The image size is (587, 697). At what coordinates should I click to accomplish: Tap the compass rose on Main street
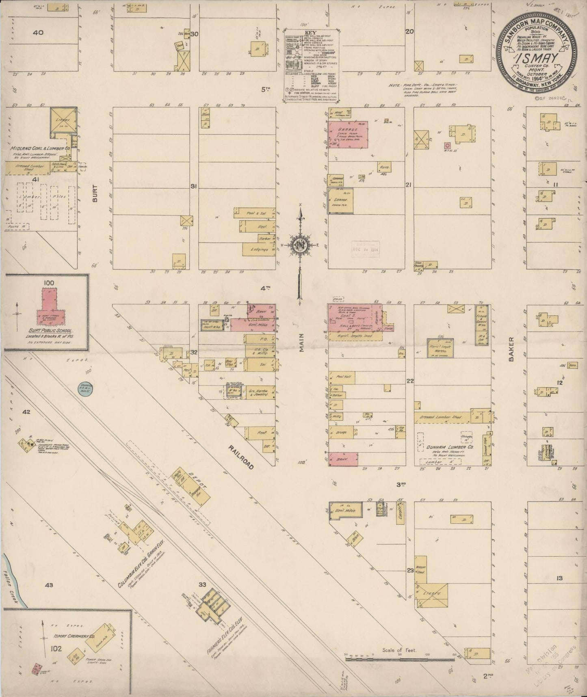[x=300, y=245]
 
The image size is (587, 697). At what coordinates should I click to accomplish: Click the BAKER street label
[x=511, y=349]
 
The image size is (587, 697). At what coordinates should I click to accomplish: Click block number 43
[x=49, y=586]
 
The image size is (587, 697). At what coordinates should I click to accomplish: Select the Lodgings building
[x=259, y=249]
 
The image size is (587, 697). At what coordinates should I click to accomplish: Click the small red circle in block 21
[x=447, y=145]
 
